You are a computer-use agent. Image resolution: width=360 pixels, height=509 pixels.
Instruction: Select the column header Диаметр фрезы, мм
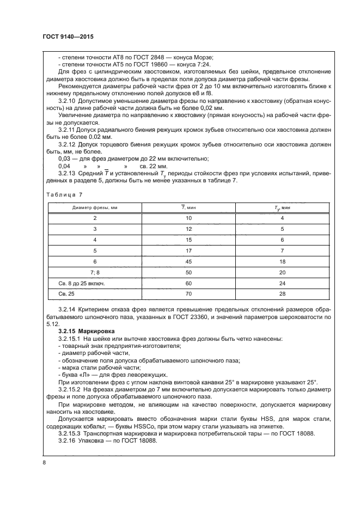(x=95, y=207)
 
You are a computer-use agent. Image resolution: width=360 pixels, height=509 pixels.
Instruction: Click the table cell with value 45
(x=188, y=261)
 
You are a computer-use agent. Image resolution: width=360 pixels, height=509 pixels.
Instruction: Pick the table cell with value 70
(x=188, y=295)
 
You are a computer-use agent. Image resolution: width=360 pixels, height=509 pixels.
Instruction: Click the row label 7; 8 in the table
(x=95, y=272)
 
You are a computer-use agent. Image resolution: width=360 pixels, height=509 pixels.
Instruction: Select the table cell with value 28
(x=282, y=295)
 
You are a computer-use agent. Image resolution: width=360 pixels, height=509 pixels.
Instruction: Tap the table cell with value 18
(x=282, y=261)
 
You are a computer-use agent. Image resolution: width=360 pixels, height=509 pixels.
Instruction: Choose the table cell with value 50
(x=188, y=272)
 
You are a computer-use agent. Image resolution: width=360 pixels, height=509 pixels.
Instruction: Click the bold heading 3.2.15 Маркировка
(x=82, y=330)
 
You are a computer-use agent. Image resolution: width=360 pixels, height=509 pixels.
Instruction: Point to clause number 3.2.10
(x=67, y=101)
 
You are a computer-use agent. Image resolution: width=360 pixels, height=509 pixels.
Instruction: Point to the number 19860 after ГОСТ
(x=152, y=65)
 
